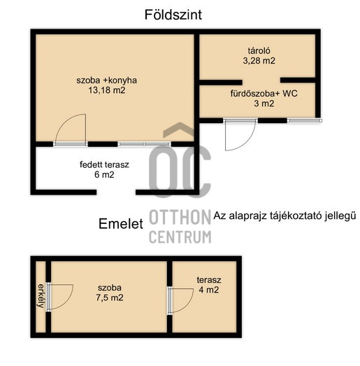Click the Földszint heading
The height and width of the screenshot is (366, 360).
(173, 15)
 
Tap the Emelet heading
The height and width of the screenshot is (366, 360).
(121, 224)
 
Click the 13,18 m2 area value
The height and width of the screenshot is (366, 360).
(107, 90)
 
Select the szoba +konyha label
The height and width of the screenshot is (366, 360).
(106, 80)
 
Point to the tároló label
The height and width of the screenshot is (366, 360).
(259, 50)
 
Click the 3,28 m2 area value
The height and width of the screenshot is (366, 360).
(259, 61)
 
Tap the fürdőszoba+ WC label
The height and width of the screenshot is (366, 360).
(264, 93)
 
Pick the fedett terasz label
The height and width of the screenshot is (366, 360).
(104, 164)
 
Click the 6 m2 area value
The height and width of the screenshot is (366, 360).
(104, 174)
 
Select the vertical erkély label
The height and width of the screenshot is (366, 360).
(41, 296)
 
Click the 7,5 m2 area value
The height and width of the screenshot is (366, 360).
(110, 297)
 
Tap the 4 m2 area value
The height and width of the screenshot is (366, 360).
(209, 290)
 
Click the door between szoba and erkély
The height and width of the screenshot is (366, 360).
(48, 297)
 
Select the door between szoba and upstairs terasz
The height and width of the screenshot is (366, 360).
(169, 300)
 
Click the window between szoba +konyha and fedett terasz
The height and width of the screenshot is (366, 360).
(144, 144)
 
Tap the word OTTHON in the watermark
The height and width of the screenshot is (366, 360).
(180, 217)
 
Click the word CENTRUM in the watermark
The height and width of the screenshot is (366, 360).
(180, 237)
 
